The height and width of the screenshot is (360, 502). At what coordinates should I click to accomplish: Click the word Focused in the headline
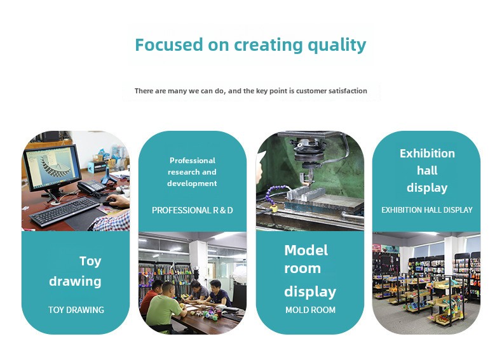(x=169, y=44)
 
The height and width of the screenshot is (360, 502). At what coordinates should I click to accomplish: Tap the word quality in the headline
(x=337, y=46)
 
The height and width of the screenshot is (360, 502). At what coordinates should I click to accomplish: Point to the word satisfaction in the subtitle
(x=348, y=91)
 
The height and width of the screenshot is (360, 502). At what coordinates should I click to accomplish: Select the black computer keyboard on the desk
(x=65, y=212)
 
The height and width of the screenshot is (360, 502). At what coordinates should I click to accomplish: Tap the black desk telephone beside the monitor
(x=92, y=186)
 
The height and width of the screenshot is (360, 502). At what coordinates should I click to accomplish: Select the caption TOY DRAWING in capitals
(x=76, y=310)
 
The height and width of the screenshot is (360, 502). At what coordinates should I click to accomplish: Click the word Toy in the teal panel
(x=90, y=262)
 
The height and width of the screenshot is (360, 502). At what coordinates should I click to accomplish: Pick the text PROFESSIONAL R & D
(x=193, y=210)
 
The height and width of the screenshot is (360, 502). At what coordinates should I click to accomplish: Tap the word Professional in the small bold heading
(x=193, y=161)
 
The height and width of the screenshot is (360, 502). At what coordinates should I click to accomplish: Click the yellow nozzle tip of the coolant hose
(x=273, y=209)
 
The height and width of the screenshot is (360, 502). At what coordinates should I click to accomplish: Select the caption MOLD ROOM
(x=311, y=310)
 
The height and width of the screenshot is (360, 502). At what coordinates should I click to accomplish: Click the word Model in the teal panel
(x=306, y=250)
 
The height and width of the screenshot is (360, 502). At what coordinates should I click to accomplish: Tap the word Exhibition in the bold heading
(x=427, y=153)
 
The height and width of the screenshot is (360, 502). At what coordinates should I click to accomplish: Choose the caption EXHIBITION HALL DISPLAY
(x=427, y=210)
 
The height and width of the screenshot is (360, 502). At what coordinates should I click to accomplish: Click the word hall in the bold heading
(x=427, y=170)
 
